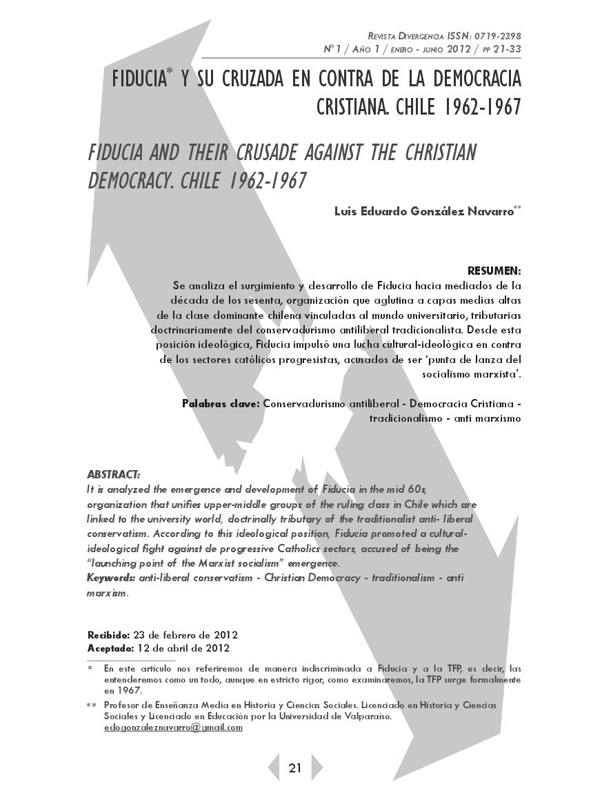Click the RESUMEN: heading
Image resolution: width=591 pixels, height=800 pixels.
point(494,270)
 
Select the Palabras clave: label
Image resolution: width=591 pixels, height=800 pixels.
point(221,404)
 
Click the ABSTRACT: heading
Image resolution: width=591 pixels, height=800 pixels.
point(113,475)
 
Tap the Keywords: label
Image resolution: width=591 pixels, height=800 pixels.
point(111,577)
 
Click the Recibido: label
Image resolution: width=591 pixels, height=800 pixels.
point(108,634)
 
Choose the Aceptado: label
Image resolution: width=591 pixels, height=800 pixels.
point(111,648)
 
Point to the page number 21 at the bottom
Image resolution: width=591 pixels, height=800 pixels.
point(295,768)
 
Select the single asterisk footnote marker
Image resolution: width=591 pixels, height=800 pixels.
point(90,668)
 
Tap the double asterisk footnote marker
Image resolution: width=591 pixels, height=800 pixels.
point(91,705)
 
